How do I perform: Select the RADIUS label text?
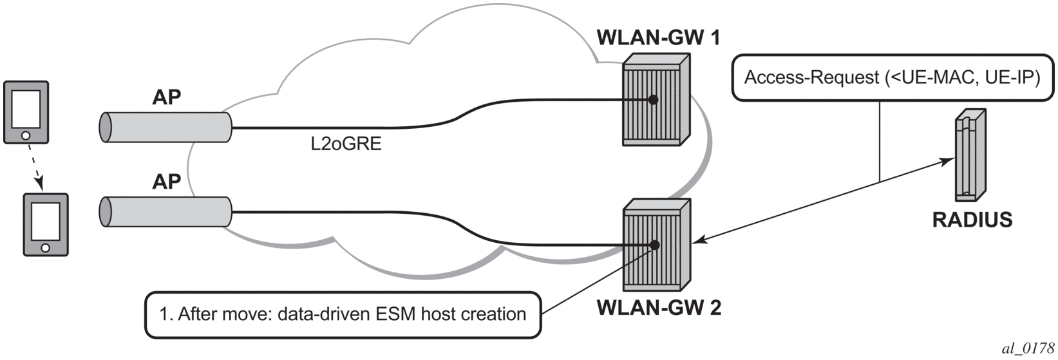click(972, 220)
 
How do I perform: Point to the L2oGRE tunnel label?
click(346, 144)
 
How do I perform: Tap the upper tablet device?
click(26, 111)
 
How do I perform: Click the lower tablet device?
click(45, 224)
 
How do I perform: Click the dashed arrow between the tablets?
click(35, 169)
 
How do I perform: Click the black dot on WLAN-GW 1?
click(653, 100)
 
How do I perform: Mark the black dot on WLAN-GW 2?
click(654, 245)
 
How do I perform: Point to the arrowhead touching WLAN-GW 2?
click(698, 242)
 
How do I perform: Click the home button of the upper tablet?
click(26, 136)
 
